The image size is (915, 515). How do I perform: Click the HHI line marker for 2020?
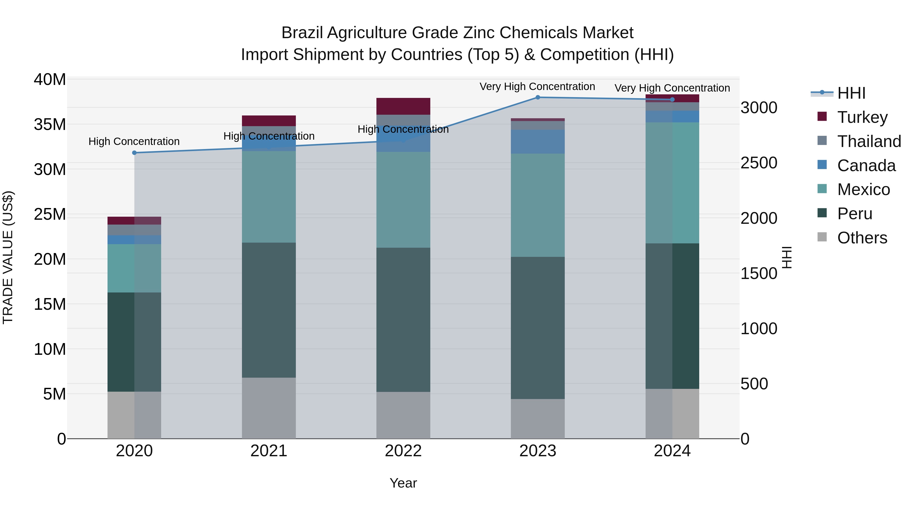134,153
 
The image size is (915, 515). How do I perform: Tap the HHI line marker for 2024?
672,99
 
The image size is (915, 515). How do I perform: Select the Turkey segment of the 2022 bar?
403,106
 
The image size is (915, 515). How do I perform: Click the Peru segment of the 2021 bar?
269,310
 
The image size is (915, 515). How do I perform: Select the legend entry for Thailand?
869,141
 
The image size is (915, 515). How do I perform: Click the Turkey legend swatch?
822,116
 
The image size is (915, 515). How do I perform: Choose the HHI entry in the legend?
851,93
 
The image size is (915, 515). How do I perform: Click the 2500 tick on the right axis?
759,163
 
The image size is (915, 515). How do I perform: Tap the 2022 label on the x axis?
403,451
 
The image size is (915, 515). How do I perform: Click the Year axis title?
403,483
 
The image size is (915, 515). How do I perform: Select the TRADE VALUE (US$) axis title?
8,257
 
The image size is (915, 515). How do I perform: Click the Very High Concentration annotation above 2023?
537,86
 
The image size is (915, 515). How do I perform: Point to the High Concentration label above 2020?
134,141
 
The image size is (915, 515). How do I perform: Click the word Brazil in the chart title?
302,33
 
